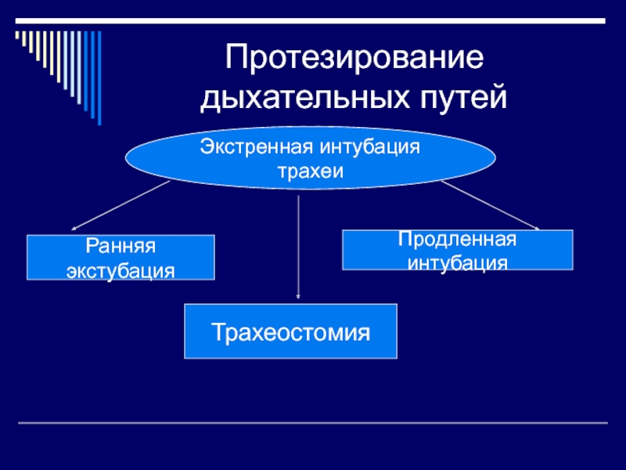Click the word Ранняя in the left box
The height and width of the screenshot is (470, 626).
[121, 247]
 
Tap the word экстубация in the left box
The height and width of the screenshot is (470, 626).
[121, 269]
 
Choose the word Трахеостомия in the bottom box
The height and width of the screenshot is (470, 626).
[290, 334]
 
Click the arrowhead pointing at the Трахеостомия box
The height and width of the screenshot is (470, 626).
[299, 295]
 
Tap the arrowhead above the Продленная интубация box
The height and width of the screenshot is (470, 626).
[536, 227]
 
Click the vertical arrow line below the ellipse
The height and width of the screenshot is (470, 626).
[299, 243]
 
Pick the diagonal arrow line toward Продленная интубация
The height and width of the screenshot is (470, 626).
[489, 205]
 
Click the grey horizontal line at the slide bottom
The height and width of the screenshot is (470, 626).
[313, 423]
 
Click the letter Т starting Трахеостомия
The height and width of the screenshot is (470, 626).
[218, 334]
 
